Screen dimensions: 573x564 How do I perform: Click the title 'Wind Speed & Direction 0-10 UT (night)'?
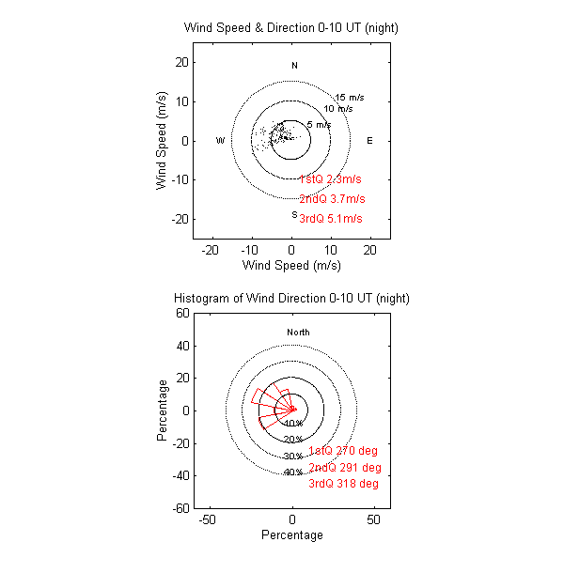click(x=291, y=28)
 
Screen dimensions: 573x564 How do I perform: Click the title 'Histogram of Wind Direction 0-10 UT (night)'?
click(x=291, y=298)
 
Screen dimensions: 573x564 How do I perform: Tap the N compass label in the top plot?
click(x=294, y=66)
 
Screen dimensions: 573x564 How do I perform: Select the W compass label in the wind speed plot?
click(x=220, y=141)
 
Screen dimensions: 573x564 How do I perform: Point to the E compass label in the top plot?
click(x=369, y=141)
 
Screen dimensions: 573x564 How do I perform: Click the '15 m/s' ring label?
click(x=351, y=98)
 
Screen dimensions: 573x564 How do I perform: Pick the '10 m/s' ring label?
click(x=338, y=109)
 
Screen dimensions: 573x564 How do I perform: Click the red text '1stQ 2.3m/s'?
click(x=330, y=179)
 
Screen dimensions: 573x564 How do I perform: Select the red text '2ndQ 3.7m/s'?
click(x=332, y=199)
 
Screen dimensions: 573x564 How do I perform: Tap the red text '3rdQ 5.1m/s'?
click(x=330, y=219)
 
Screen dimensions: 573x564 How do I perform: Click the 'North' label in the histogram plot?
click(x=298, y=333)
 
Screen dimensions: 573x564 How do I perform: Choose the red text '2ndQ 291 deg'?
click(x=345, y=468)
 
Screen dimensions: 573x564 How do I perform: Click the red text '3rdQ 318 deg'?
click(x=344, y=484)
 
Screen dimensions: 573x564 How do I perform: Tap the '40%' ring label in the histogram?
click(x=293, y=472)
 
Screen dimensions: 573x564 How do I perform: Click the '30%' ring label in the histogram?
click(x=293, y=457)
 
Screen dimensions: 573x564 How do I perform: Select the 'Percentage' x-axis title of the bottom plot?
click(x=291, y=535)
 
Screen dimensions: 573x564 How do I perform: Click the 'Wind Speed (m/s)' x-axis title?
click(x=291, y=266)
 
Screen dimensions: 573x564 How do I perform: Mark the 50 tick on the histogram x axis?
click(x=374, y=519)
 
